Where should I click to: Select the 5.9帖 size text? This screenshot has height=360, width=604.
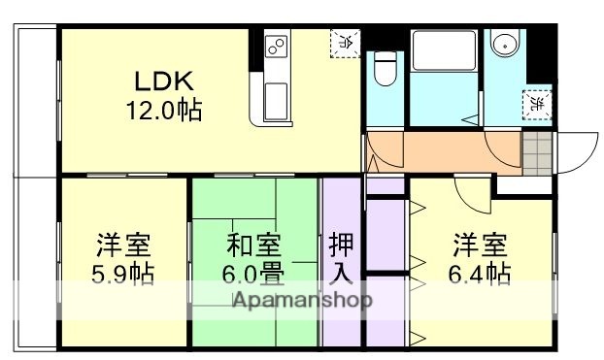(123, 274)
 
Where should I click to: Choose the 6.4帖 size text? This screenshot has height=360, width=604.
(480, 274)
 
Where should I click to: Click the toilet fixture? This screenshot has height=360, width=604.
(386, 69)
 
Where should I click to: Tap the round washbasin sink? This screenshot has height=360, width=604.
(503, 46)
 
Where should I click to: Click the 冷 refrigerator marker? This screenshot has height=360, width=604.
(346, 41)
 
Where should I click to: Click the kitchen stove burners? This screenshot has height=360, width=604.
(275, 47)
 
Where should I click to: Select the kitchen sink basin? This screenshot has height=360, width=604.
(275, 99)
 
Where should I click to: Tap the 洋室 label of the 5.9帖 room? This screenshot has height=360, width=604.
(123, 244)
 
